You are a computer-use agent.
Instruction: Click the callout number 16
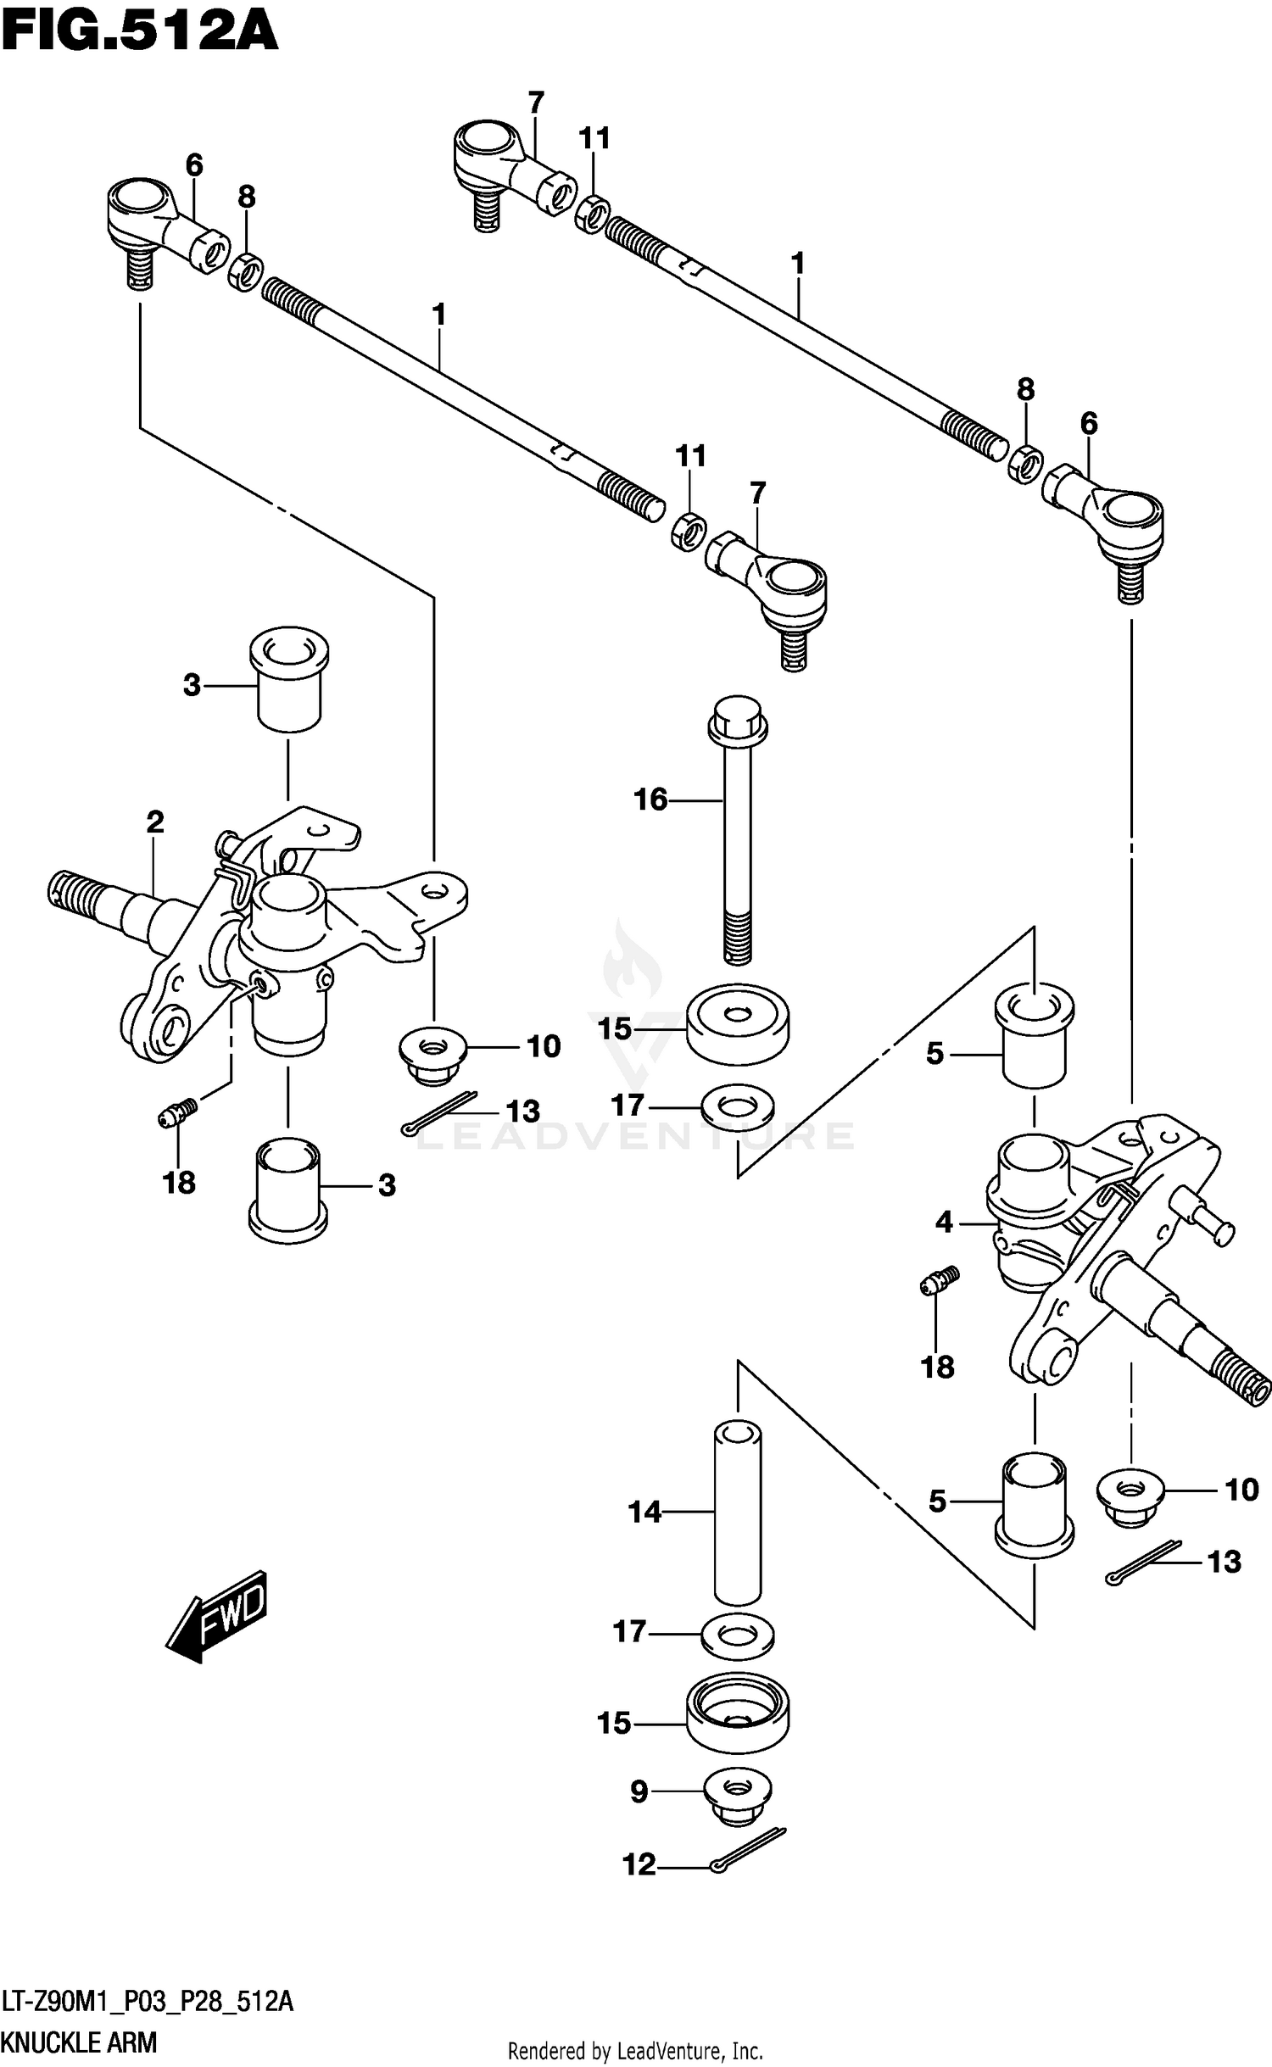click(x=651, y=799)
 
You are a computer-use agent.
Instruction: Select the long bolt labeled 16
click(x=738, y=830)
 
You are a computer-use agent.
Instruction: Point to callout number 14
click(x=644, y=1511)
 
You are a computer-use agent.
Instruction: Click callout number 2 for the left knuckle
click(x=154, y=822)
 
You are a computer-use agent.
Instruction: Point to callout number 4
click(x=945, y=1222)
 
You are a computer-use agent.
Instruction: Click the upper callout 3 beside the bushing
click(x=192, y=684)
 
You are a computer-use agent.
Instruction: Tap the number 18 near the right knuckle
click(x=938, y=1367)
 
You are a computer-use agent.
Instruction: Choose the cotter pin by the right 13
click(x=1144, y=1562)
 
